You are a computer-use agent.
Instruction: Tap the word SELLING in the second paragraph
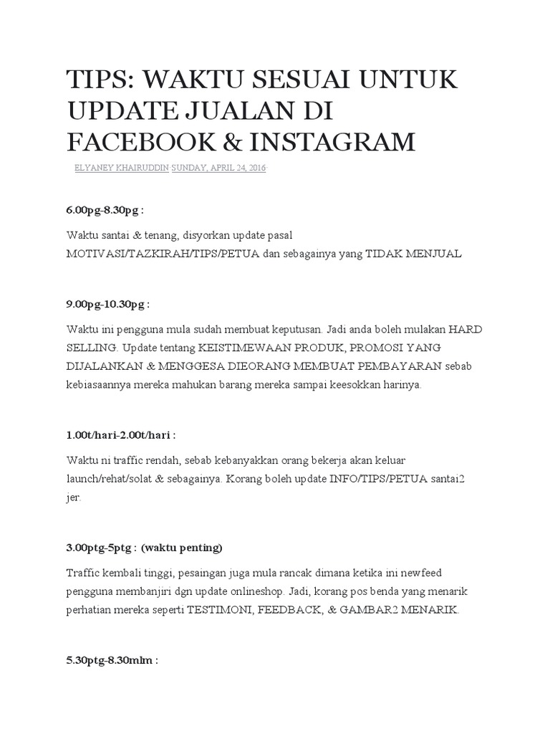(91, 348)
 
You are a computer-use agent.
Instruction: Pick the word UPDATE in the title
(122, 111)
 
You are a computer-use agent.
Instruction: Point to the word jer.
(74, 496)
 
